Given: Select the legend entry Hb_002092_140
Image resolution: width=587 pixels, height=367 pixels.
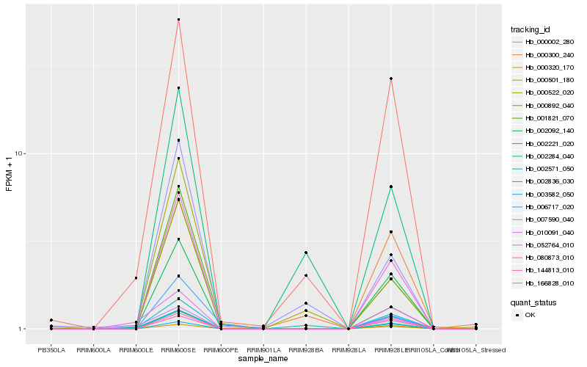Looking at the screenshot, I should coord(544,131).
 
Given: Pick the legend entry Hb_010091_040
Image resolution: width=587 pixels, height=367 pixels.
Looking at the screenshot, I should coord(544,231).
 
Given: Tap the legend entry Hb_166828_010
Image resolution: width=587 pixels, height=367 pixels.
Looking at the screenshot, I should coord(544,282).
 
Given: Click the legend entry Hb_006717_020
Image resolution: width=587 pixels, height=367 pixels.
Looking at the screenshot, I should coord(544,206).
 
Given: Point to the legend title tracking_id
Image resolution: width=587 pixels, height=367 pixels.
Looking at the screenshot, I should coord(531,29).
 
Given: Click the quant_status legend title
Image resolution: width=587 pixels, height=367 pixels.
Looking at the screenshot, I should coord(534,302).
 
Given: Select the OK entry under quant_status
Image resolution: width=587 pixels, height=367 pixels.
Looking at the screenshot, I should coord(529,314).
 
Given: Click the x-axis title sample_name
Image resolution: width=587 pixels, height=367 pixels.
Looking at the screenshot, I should coord(263,359).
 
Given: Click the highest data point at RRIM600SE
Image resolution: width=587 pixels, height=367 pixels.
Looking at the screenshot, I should coord(178,20).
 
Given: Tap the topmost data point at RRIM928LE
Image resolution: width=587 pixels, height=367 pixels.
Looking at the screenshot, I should coord(391,79).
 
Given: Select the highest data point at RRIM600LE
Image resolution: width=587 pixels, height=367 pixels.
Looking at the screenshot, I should coord(136,278).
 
